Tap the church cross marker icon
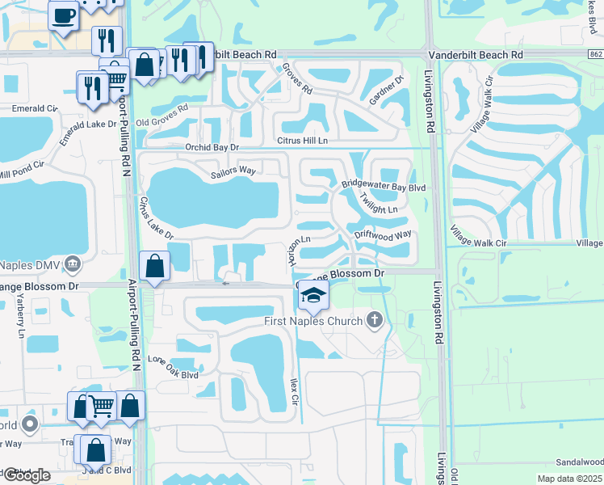373,321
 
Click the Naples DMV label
30,264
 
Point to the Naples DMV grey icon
73,263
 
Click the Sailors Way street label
233,171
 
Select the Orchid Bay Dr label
212,148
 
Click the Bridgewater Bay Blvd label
383,186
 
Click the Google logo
26,475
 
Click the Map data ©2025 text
568,479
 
